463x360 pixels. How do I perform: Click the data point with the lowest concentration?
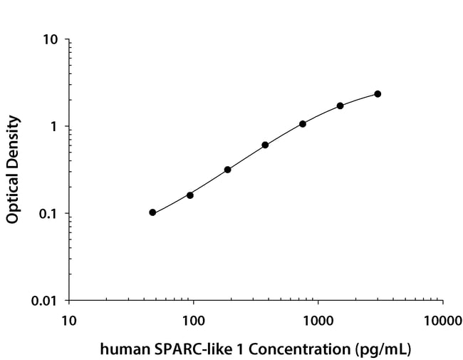(x=152, y=212)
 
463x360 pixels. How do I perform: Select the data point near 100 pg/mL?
(x=190, y=195)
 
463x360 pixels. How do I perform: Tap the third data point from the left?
(x=227, y=170)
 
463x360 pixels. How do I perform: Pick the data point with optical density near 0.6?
(x=265, y=145)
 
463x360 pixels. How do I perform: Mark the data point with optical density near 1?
(x=303, y=124)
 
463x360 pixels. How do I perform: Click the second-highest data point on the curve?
(x=340, y=106)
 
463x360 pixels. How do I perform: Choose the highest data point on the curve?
(x=378, y=94)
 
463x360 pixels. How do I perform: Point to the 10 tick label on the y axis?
(x=51, y=39)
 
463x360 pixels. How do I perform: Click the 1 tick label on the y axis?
(x=54, y=127)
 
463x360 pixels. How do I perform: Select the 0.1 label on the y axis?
(x=48, y=214)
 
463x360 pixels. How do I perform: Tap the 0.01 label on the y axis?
(x=44, y=301)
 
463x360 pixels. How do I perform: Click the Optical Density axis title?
(x=13, y=170)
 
